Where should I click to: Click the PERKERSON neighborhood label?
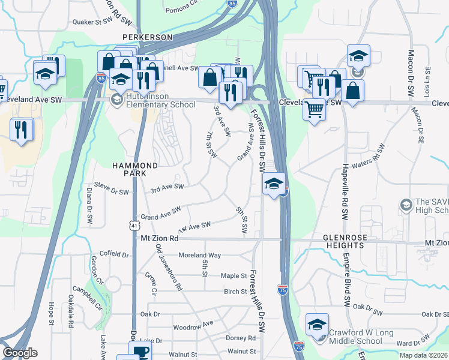click(x=147, y=37)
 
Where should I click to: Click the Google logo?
click(x=20, y=353)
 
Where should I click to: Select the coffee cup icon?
click(x=140, y=352)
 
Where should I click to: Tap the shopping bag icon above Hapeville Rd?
click(x=354, y=91)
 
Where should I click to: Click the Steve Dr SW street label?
click(x=111, y=193)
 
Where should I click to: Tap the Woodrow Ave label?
click(x=193, y=325)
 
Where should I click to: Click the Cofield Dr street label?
click(x=114, y=254)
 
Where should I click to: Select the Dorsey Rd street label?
click(x=241, y=338)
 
